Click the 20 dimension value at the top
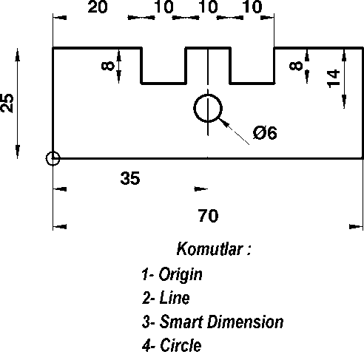(x=98, y=7)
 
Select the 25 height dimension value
(x=7, y=103)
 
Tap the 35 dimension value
(x=130, y=178)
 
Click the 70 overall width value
(x=209, y=216)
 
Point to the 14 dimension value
(x=334, y=78)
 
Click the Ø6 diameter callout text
(x=265, y=132)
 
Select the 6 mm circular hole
(x=208, y=108)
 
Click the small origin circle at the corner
(x=53, y=158)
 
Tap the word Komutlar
(x=209, y=248)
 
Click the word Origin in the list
(x=181, y=274)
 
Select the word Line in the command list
(x=175, y=298)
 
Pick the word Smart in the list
(x=181, y=322)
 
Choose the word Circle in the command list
(x=181, y=345)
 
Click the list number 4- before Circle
(x=149, y=345)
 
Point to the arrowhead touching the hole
(x=223, y=123)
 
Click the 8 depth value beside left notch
(x=108, y=66)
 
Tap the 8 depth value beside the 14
(x=296, y=66)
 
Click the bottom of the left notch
(x=164, y=84)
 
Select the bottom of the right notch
(x=252, y=84)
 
